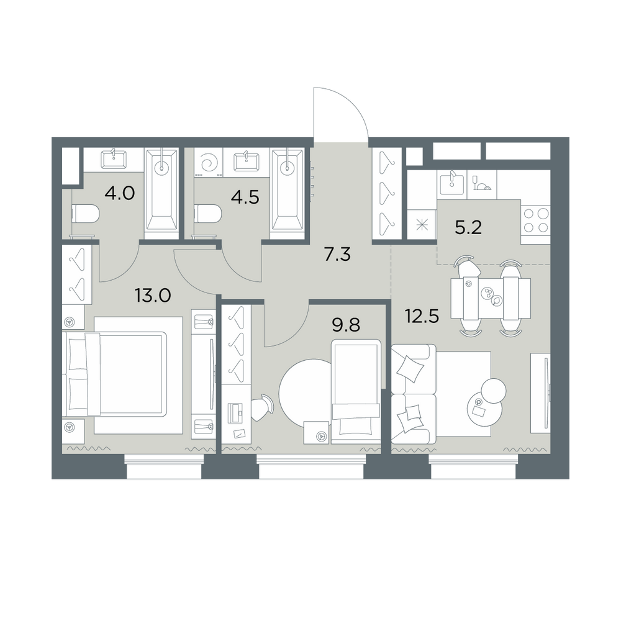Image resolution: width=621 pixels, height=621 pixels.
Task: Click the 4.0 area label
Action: click(x=120, y=193)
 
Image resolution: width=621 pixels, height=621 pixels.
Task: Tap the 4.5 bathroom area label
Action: click(x=245, y=197)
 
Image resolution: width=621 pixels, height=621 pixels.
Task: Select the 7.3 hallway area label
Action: click(x=337, y=255)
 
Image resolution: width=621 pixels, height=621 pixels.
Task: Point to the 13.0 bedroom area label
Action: click(x=153, y=295)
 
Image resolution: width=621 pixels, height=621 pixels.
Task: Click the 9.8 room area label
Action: click(x=346, y=325)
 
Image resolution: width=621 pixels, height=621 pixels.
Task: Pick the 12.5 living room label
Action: click(x=422, y=316)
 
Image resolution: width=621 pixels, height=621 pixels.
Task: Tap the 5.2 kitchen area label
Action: click(x=468, y=228)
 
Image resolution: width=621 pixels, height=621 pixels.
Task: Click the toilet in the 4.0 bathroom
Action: click(x=84, y=214)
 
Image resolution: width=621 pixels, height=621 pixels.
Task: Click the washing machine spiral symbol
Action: click(x=208, y=162)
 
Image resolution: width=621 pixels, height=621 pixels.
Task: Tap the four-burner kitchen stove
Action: click(x=536, y=220)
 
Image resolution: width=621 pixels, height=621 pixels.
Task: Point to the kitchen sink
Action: click(x=452, y=183)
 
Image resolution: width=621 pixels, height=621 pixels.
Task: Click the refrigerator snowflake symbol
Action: click(x=422, y=225)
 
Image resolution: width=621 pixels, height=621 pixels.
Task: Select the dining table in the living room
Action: click(x=491, y=298)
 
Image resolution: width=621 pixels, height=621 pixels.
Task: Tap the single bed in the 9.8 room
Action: click(x=356, y=391)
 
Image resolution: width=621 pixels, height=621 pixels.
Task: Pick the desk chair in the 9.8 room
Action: click(x=262, y=408)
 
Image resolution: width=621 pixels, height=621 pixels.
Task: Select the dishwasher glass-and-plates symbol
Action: click(x=482, y=183)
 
